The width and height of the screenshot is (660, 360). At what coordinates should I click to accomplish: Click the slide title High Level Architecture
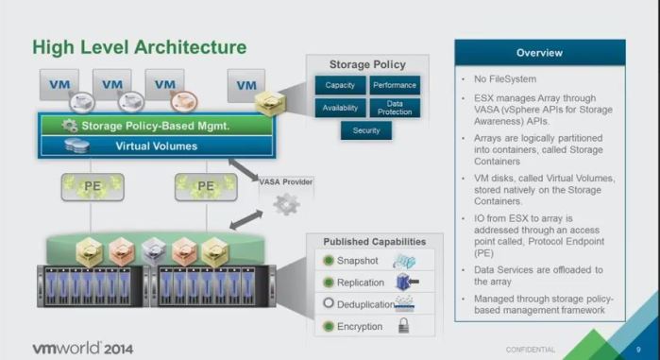click(140, 46)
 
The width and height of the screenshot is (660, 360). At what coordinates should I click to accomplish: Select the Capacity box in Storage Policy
click(340, 85)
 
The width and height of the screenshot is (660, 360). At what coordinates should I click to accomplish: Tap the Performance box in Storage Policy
click(394, 85)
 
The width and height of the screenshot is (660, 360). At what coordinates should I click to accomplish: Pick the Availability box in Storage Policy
click(340, 108)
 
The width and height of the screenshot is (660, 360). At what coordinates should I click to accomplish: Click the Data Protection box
click(394, 108)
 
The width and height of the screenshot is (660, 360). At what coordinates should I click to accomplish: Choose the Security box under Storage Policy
click(366, 130)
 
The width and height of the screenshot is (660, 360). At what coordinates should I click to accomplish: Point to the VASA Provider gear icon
click(287, 203)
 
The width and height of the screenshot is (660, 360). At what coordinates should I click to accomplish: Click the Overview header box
click(539, 53)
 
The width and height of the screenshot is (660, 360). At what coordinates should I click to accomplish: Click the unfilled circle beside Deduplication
click(328, 304)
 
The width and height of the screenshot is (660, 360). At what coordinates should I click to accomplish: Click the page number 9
click(639, 349)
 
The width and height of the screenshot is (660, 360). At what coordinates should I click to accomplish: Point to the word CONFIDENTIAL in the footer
click(532, 349)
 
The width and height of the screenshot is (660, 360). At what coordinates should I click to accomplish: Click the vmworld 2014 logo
click(83, 347)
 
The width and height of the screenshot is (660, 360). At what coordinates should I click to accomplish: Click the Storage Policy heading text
click(366, 65)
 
